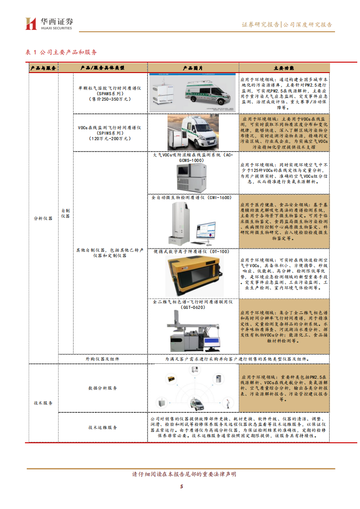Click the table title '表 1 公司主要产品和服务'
pos(61,52)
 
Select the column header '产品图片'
pos(193,68)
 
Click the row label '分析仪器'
pos(43,218)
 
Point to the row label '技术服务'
pos(43,403)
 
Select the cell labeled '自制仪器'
pos(65,213)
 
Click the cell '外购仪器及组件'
pos(103,359)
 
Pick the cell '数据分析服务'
pos(103,388)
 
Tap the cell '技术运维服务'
pos(103,427)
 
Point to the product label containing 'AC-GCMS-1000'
pos(193,157)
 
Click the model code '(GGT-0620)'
pos(193,307)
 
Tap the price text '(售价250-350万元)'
pos(110,98)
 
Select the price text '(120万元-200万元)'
pos(110,138)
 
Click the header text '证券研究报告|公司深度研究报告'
pos(286,25)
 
